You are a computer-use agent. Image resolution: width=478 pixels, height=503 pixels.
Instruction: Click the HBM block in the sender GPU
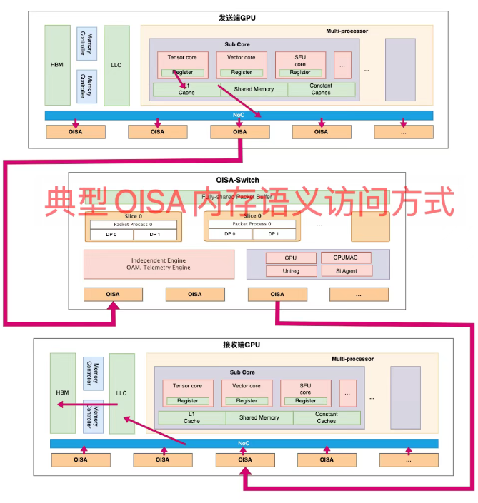(x=57, y=65)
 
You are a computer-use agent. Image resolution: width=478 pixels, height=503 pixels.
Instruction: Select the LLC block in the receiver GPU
(x=121, y=393)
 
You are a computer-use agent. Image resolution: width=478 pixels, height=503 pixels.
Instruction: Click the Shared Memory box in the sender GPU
(x=254, y=90)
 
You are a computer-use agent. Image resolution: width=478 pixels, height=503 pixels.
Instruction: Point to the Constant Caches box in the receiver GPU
(x=326, y=418)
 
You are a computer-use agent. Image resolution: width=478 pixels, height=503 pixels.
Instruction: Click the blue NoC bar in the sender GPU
(x=239, y=115)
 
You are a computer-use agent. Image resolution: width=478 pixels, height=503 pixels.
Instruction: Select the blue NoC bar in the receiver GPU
(x=244, y=444)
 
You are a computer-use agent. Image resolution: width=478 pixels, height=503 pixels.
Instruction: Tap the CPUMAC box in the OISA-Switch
(x=347, y=258)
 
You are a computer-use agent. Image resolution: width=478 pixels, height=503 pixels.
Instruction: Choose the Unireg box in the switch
(x=281, y=271)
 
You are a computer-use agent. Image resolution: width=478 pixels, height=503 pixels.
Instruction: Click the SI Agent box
(x=347, y=271)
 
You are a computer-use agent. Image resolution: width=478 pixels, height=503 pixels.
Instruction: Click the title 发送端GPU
(x=238, y=18)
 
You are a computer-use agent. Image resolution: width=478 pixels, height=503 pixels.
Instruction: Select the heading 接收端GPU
(x=243, y=346)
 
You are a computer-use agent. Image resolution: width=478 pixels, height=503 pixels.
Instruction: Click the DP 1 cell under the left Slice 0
(x=154, y=234)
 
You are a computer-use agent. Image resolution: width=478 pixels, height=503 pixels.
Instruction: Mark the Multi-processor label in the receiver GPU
(x=352, y=359)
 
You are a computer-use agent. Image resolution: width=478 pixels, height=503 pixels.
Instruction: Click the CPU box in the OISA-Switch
(x=281, y=258)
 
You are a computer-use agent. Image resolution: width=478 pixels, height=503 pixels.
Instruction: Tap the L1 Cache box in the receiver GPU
(x=191, y=418)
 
